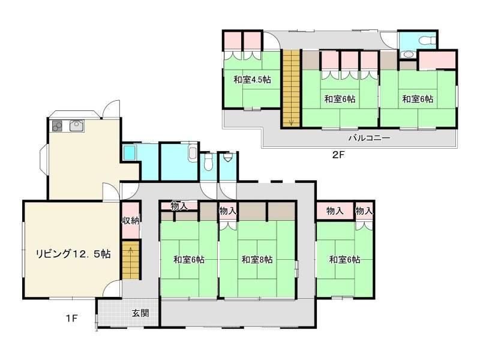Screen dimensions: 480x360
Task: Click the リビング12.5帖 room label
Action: pyautogui.click(x=73, y=254)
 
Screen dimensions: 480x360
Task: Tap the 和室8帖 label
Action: pyautogui.click(x=257, y=260)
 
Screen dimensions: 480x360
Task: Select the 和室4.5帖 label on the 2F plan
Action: pyautogui.click(x=252, y=80)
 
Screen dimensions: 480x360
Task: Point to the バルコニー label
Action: pyautogui.click(x=369, y=138)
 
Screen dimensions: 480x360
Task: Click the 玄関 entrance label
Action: pyautogui.click(x=140, y=313)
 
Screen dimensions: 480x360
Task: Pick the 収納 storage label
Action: pyautogui.click(x=131, y=220)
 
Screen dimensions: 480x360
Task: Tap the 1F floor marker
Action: pyautogui.click(x=71, y=319)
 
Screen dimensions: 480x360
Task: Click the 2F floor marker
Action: pyautogui.click(x=338, y=155)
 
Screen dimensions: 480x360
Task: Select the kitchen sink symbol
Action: pyautogui.click(x=77, y=126)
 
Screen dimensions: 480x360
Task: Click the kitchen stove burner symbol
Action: pyautogui.click(x=57, y=126)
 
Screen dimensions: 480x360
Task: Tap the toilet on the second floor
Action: pyautogui.click(x=427, y=40)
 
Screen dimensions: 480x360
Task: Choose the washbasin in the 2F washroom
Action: pyautogui.click(x=407, y=55)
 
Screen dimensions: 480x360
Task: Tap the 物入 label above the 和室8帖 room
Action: pyautogui.click(x=228, y=211)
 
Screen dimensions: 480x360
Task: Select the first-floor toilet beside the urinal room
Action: pyautogui.click(x=208, y=161)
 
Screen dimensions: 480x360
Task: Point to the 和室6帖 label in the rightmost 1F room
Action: pyautogui.click(x=344, y=260)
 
